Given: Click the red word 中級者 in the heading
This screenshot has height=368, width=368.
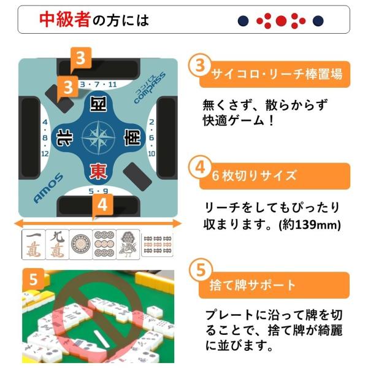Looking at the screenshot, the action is (x=65, y=20).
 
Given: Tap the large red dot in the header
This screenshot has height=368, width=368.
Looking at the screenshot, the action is (x=281, y=21).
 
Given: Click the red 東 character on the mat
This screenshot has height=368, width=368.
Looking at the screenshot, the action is (x=98, y=171).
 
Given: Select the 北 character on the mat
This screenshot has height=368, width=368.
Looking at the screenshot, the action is (x=64, y=137).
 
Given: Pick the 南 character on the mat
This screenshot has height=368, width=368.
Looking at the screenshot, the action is (x=132, y=137).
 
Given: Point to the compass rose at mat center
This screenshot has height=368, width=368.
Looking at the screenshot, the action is (x=98, y=137).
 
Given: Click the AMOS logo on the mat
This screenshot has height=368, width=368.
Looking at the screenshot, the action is (x=48, y=188).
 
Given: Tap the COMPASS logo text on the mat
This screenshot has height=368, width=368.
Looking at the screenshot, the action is (x=150, y=87).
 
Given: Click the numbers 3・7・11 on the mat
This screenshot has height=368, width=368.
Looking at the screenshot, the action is (x=98, y=84).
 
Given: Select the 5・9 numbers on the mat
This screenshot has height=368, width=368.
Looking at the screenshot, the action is (x=98, y=191).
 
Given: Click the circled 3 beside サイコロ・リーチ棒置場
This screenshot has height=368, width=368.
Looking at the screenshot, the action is (x=200, y=65).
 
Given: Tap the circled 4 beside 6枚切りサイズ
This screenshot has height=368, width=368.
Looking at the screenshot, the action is (x=200, y=167).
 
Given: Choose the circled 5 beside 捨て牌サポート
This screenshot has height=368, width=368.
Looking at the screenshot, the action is (x=201, y=270).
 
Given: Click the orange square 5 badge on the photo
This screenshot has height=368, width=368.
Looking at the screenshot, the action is (x=33, y=279).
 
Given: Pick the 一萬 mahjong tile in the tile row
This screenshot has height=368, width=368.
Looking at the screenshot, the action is (x=34, y=245).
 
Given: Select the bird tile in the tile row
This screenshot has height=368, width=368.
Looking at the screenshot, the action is (x=128, y=245).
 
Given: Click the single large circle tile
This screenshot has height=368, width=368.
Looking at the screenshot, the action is (x=81, y=245).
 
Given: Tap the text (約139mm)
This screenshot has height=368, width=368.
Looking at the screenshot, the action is (x=310, y=225).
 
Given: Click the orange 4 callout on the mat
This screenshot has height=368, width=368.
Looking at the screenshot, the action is (x=103, y=205).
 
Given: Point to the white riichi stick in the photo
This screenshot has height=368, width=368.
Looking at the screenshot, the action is (x=102, y=339).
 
